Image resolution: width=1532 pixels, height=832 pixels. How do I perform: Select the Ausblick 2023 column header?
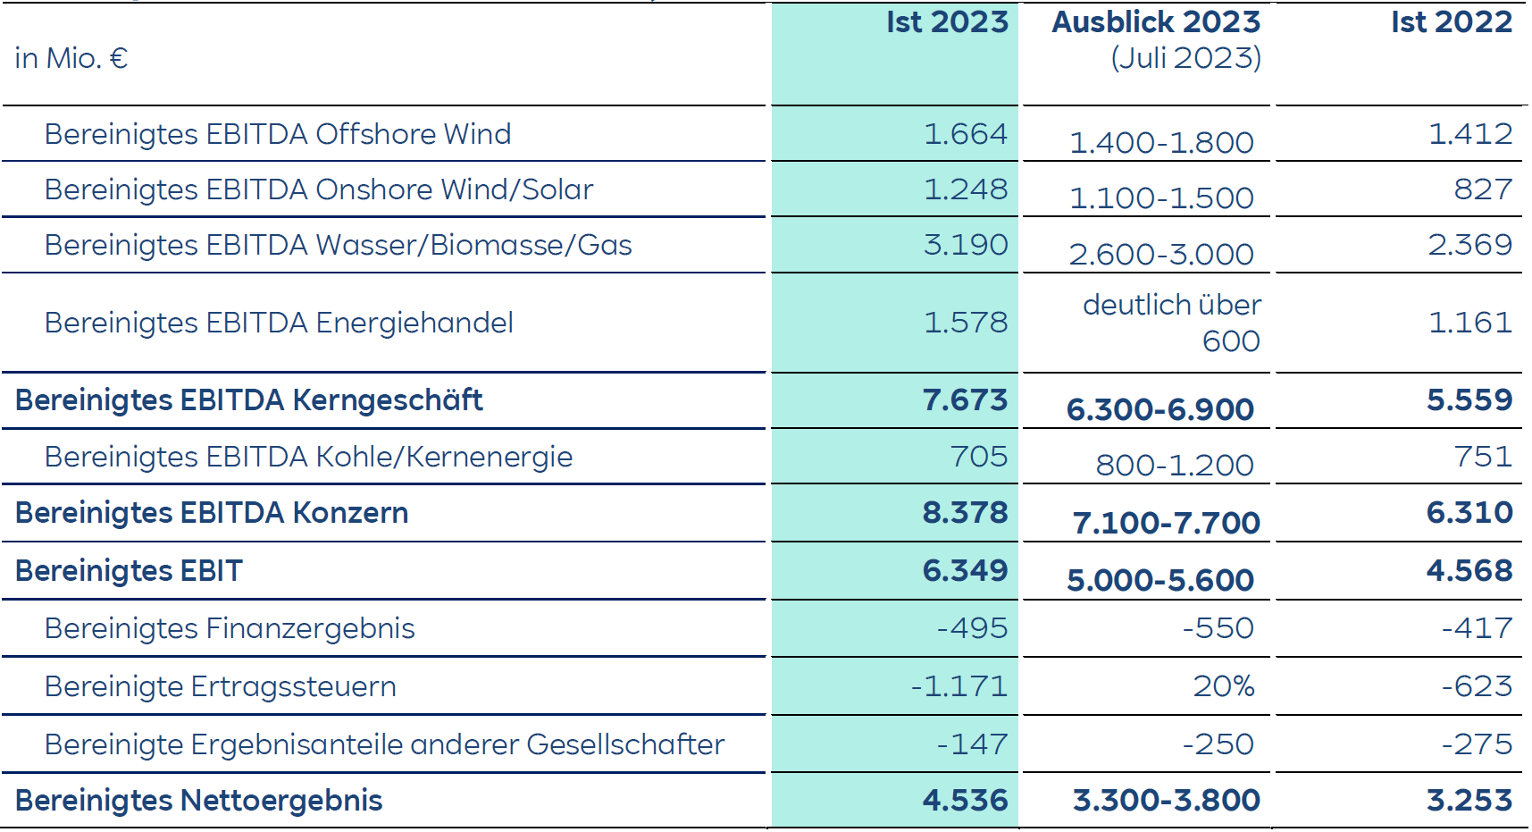(x=1156, y=22)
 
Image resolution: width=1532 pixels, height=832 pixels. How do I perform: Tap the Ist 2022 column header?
(x=1451, y=22)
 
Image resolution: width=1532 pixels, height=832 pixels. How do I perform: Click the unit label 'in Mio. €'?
(x=71, y=59)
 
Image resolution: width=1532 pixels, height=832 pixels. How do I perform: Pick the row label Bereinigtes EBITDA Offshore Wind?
(x=278, y=134)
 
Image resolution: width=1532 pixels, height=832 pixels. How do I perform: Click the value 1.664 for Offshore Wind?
(x=965, y=134)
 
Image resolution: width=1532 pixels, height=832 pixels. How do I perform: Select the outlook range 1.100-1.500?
(x=1161, y=198)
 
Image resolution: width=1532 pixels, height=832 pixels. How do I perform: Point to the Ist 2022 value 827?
(x=1483, y=189)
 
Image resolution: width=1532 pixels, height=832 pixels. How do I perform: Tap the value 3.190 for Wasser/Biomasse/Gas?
(x=965, y=245)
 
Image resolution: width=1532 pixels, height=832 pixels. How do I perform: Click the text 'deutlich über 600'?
(x=1172, y=323)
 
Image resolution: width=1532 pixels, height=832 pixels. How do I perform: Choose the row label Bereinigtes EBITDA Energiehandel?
(x=279, y=323)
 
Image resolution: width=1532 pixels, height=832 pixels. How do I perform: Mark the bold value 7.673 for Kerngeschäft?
(x=965, y=400)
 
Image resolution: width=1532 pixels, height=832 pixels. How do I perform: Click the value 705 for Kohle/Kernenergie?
(x=979, y=457)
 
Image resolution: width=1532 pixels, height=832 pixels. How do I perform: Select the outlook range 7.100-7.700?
(x=1166, y=523)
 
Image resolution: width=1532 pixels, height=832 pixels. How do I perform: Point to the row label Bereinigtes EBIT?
(x=129, y=571)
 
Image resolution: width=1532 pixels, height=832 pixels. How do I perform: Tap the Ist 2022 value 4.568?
(x=1469, y=571)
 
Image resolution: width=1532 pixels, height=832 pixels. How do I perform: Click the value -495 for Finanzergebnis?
(x=972, y=628)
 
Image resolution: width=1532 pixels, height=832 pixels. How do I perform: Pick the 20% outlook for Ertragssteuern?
(x=1224, y=686)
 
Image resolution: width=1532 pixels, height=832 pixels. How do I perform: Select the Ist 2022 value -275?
(x=1477, y=744)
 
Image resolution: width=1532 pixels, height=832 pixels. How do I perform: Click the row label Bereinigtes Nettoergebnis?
(x=198, y=801)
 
